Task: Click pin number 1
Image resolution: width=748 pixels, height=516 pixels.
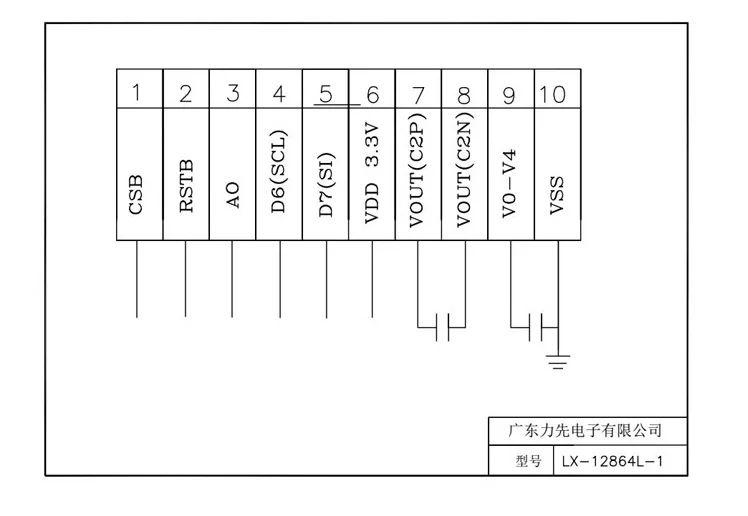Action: [139, 94]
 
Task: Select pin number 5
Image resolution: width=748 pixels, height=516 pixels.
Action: [325, 94]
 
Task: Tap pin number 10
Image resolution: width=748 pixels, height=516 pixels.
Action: [552, 94]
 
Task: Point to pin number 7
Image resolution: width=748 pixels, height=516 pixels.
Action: [419, 94]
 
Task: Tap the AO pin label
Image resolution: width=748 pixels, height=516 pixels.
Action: [232, 194]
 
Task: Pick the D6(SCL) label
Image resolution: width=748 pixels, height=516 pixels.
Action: [279, 171]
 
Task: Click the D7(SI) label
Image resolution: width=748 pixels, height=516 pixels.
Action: [326, 176]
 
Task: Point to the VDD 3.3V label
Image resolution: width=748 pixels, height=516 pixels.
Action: [372, 173]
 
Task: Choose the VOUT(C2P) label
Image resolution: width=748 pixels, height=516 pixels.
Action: [419, 171]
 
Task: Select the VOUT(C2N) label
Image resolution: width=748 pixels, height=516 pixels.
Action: [465, 171]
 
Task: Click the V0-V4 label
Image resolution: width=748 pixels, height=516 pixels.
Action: [511, 183]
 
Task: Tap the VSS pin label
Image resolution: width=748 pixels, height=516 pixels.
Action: [558, 194]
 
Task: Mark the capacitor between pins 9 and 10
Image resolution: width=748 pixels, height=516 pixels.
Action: [535, 325]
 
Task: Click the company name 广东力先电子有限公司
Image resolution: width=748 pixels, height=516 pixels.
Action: [586, 431]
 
